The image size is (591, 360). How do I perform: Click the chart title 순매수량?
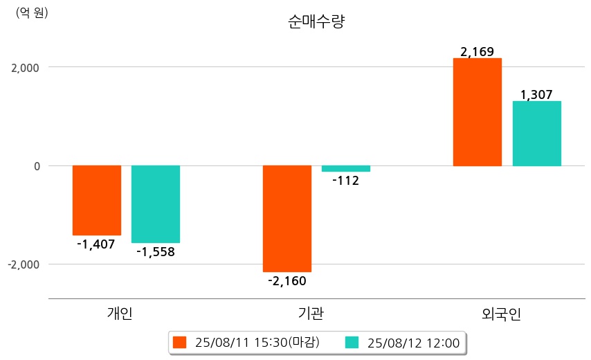point(316,21)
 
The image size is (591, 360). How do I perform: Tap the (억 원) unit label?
point(32,12)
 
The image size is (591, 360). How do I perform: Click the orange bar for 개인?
point(97,200)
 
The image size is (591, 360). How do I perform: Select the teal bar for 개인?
point(156,204)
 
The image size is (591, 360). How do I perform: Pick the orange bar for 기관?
point(287,219)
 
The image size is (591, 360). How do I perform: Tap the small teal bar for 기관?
point(346,169)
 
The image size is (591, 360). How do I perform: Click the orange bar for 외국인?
point(478,112)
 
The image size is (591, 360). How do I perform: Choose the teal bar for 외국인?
point(536,134)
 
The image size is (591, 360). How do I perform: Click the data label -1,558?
point(155,252)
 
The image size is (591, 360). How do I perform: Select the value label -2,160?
point(287,280)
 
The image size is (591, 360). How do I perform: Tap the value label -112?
point(346,181)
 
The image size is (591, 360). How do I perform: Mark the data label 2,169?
point(478,52)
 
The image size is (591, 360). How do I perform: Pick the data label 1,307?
point(536,95)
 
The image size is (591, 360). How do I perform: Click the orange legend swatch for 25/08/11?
point(180,342)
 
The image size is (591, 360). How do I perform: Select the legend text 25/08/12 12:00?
point(414,342)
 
